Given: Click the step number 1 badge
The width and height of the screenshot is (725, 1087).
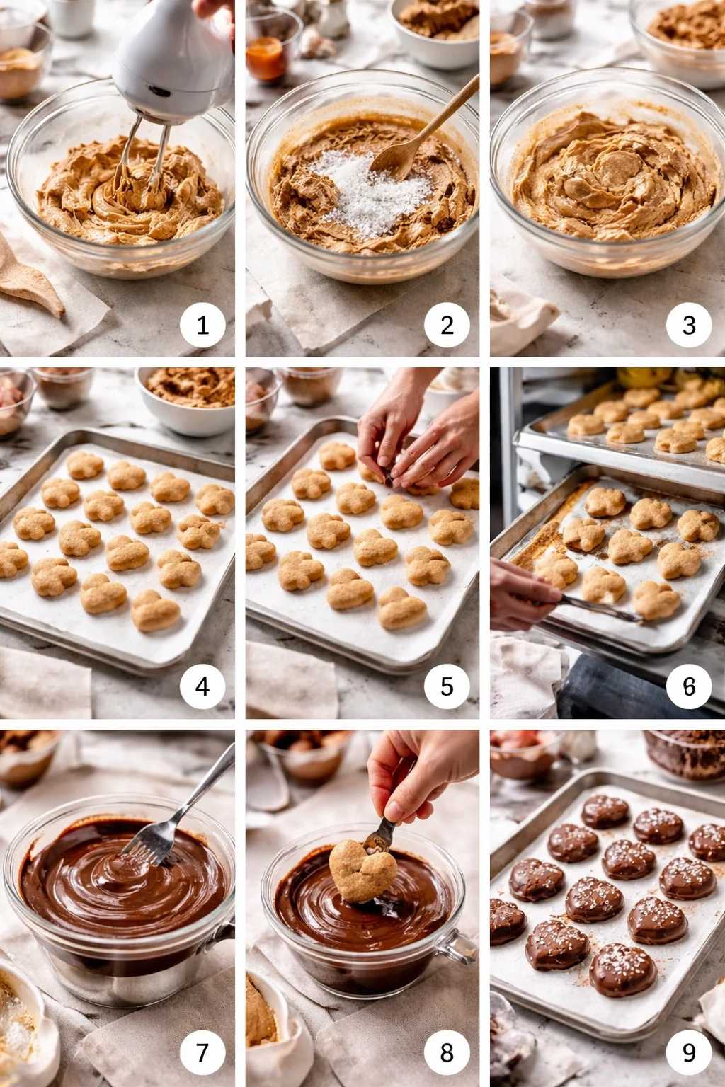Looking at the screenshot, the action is (x=202, y=325).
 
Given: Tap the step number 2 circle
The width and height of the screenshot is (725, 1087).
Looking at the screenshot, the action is (x=447, y=325).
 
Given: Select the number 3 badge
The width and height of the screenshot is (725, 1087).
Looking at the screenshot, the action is (x=689, y=325).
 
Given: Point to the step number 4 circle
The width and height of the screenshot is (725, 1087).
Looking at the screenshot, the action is (x=202, y=686).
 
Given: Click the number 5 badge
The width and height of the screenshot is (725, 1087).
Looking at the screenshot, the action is (x=447, y=686).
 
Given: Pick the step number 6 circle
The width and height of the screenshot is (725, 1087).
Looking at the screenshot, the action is (x=689, y=686).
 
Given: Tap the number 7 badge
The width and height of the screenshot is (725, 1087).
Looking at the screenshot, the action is (x=202, y=1052).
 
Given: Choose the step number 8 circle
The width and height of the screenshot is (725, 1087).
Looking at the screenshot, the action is (x=447, y=1052).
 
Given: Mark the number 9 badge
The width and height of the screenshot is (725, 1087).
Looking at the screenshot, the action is (x=689, y=1052).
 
